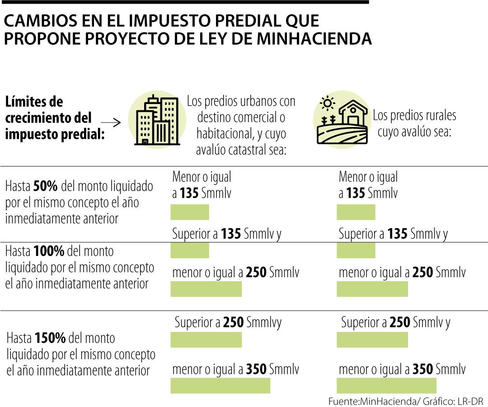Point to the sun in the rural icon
coord(327,104)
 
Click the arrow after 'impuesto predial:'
coord(111,123)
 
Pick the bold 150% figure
coord(50,338)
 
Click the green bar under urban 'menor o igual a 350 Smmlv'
coord(220,385)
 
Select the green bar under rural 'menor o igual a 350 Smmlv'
coord(386,385)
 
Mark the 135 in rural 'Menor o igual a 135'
coord(356,194)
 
